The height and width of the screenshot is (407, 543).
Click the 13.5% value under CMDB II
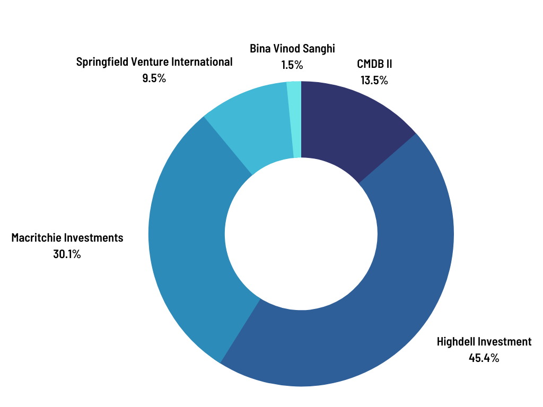pos(374,81)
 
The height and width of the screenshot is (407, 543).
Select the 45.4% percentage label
pos(484,358)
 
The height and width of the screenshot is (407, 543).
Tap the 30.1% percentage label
pos(67,254)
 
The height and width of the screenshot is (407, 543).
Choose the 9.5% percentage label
pos(154,78)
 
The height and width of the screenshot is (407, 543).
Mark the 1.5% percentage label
pos(292,65)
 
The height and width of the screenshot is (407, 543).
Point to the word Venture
pos(152,62)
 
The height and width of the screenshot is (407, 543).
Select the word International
pos(204,62)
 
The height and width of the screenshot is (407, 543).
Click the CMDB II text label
pos(374,65)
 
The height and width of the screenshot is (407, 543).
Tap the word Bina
pos(260,49)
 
